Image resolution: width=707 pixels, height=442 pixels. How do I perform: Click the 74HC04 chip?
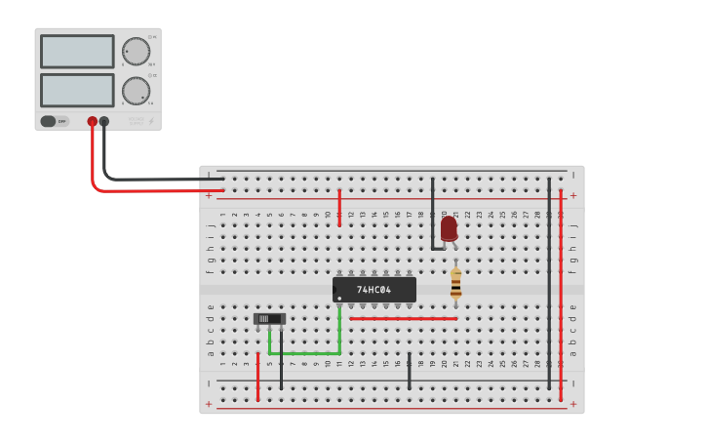pyautogui.click(x=374, y=290)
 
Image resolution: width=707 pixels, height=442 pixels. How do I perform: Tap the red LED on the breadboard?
pyautogui.click(x=449, y=227)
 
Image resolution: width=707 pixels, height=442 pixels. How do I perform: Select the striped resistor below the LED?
pyautogui.click(x=455, y=284)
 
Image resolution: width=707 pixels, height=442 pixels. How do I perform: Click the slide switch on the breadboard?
pyautogui.click(x=269, y=318)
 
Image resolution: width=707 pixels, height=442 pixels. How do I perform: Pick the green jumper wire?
pyautogui.click(x=304, y=352)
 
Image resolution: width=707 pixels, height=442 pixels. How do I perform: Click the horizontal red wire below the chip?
pyautogui.click(x=403, y=318)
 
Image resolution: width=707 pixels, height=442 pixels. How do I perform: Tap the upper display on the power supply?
pyautogui.click(x=77, y=52)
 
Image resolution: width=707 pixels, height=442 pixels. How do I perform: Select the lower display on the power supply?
pyautogui.click(x=77, y=90)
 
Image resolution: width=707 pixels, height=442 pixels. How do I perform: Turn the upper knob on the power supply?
pyautogui.click(x=136, y=52)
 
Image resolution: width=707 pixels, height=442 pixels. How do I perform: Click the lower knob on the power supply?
pyautogui.click(x=136, y=91)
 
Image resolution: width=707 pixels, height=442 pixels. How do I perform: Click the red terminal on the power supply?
pyautogui.click(x=93, y=122)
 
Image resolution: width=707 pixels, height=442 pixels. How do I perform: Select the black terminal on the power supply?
pyautogui.click(x=104, y=122)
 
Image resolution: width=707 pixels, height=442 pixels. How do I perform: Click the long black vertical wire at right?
pyautogui.click(x=549, y=283)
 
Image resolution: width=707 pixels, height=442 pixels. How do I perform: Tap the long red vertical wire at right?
pyautogui.click(x=561, y=293)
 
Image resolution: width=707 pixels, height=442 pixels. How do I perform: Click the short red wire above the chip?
pyautogui.click(x=339, y=207)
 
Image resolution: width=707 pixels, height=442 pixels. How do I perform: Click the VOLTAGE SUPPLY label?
pyautogui.click(x=137, y=120)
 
